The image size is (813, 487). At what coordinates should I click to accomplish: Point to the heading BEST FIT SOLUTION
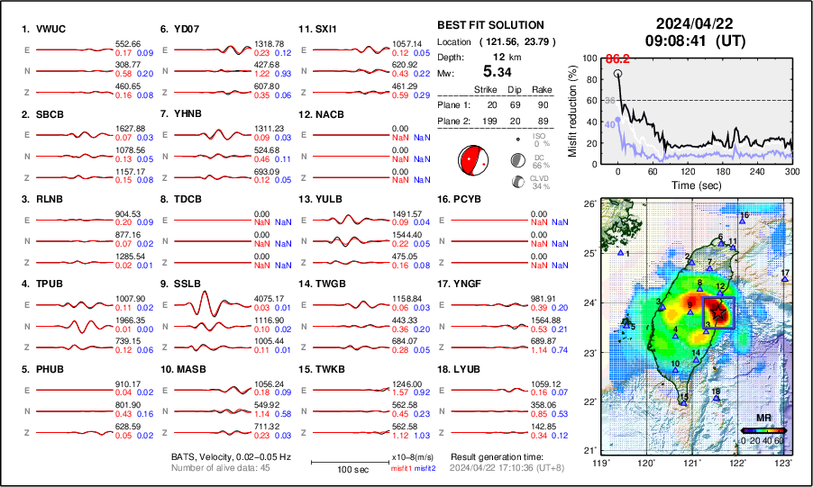(489, 25)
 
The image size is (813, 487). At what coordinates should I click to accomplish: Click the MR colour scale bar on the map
(763, 430)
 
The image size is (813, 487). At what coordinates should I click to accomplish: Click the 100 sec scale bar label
(346, 470)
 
